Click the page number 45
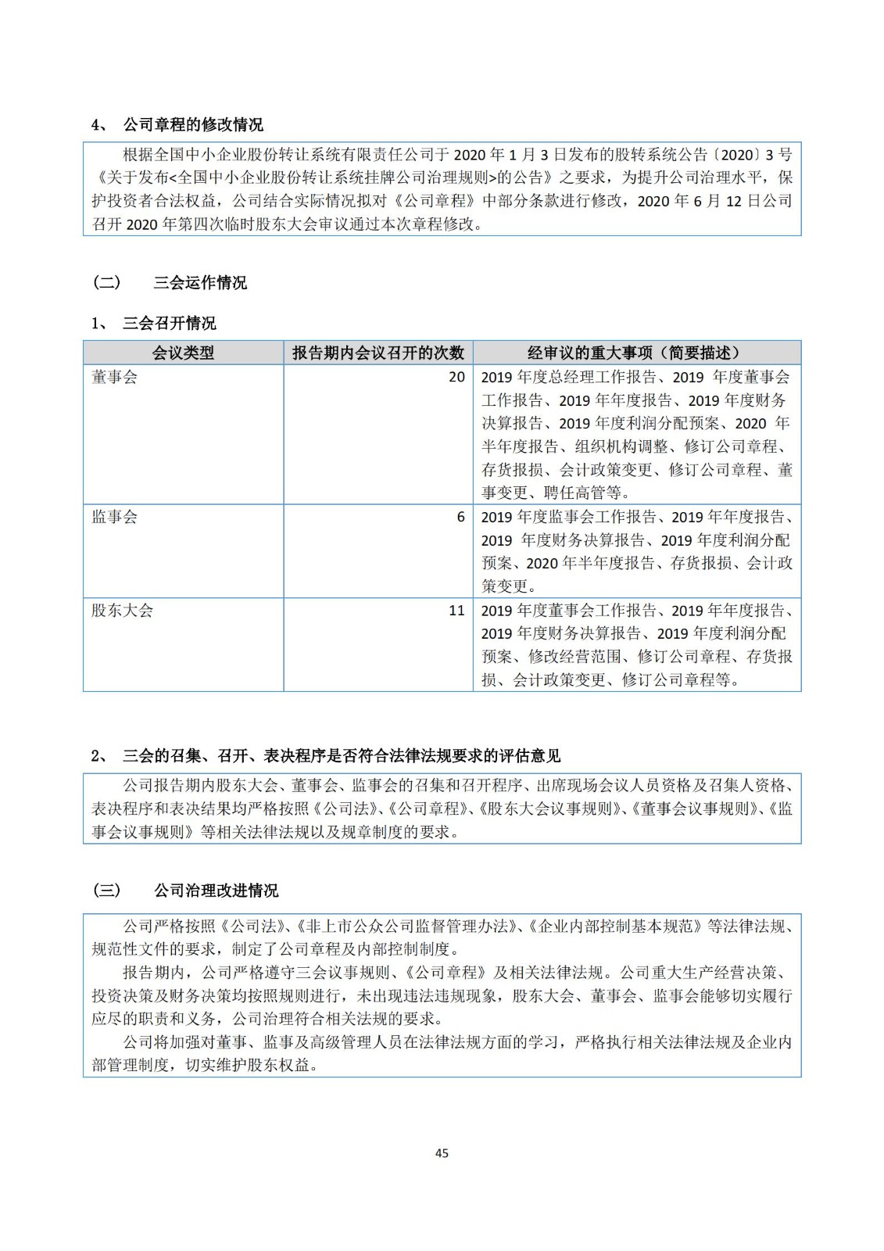click(442, 1152)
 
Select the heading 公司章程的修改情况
click(193, 124)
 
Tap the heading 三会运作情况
click(200, 282)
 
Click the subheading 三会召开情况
click(169, 323)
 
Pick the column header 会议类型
click(183, 353)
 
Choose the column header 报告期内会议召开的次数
click(378, 353)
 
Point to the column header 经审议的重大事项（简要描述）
click(636, 353)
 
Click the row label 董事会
click(114, 377)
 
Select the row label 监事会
click(114, 517)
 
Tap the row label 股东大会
click(122, 611)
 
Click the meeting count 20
click(456, 377)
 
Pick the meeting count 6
click(461, 517)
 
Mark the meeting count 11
click(457, 611)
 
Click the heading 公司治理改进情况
click(216, 891)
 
